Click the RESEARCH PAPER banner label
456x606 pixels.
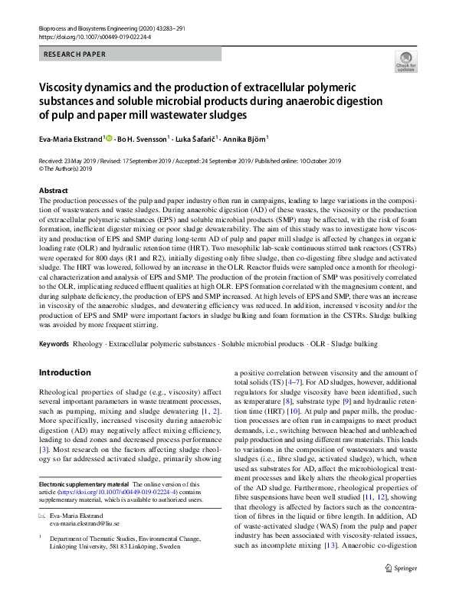tap(74, 54)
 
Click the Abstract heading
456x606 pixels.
tap(53, 190)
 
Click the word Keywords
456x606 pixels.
tap(54, 344)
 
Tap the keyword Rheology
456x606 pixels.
tap(88, 344)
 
